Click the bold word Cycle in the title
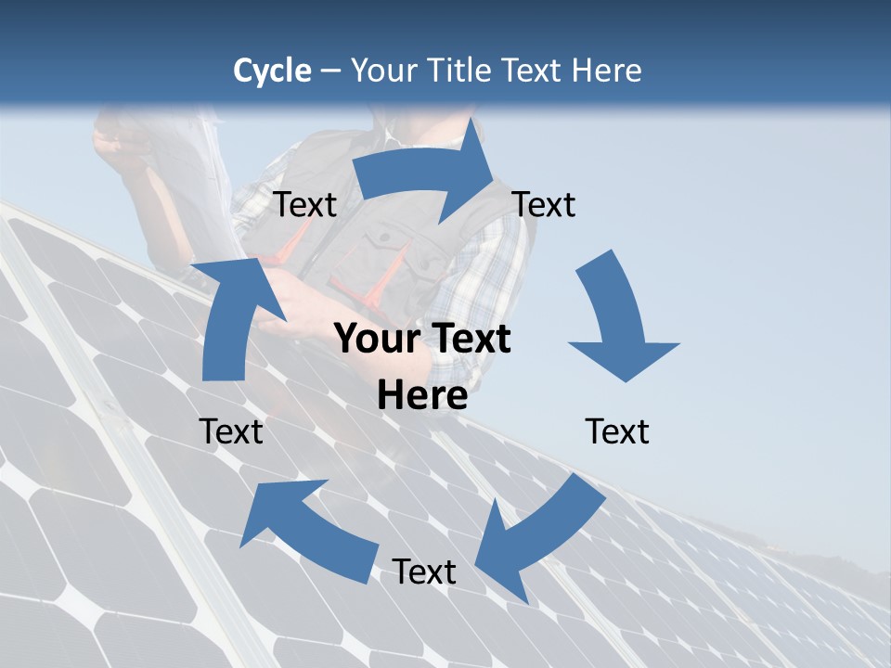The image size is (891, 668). (272, 71)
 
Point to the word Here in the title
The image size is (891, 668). (606, 71)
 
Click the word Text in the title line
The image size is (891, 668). (532, 71)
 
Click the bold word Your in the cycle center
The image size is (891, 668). (375, 340)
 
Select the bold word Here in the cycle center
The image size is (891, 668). (422, 396)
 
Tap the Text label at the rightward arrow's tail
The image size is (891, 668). (305, 205)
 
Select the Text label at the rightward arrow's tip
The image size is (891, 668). (544, 205)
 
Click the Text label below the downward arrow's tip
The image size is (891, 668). (617, 431)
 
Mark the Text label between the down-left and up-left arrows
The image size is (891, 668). (424, 572)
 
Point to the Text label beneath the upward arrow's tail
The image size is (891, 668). (231, 431)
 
